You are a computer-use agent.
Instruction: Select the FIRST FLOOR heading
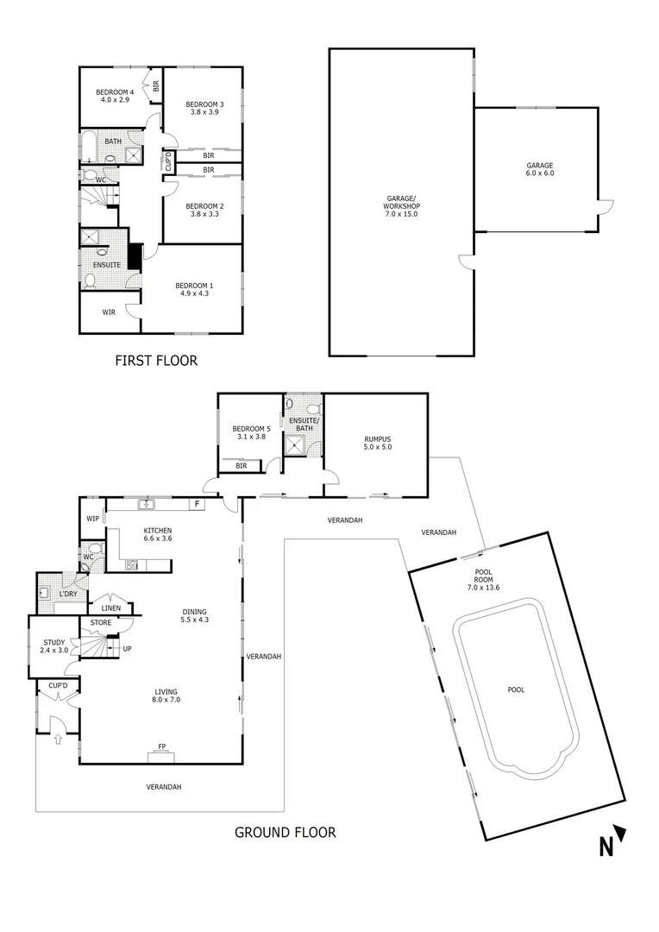[156, 361]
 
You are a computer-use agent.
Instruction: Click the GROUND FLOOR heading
[285, 833]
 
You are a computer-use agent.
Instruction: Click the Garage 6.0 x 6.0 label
[540, 169]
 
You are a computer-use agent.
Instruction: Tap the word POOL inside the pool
[516, 690]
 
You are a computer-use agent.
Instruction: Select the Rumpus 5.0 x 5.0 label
[378, 442]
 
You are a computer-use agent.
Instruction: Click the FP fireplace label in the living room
[161, 747]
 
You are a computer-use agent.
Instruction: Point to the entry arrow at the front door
[58, 738]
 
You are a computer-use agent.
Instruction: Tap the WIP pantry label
[92, 519]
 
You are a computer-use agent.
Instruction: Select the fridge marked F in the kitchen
[197, 503]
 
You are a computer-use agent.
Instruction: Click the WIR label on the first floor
[109, 312]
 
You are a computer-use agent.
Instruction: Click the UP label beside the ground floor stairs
[127, 648]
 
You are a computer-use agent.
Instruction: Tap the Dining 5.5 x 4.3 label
[194, 614]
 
